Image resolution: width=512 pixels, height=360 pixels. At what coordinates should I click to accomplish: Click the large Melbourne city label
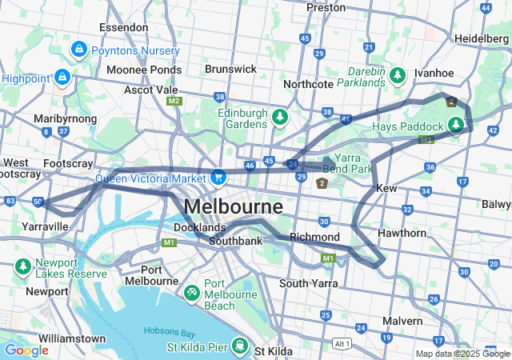tap(233, 206)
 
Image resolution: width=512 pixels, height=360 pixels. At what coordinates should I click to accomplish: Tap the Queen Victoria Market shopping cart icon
tap(217, 176)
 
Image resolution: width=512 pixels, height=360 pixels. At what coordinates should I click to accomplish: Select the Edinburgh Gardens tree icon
tap(279, 118)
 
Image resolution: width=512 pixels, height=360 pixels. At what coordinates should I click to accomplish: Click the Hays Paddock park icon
tap(456, 126)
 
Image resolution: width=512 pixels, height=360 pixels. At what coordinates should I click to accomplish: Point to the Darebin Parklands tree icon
tap(398, 75)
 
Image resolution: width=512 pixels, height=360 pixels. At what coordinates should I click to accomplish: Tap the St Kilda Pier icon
tap(239, 346)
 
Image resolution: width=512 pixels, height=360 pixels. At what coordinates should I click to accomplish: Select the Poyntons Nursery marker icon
tap(79, 50)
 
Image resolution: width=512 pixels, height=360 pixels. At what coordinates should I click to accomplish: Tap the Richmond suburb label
tap(315, 238)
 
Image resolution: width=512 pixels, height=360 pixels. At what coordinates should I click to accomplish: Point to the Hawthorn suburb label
tap(402, 233)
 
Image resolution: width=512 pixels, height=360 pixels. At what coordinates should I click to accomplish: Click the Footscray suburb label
tap(63, 163)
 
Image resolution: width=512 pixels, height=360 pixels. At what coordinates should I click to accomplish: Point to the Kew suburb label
tap(386, 187)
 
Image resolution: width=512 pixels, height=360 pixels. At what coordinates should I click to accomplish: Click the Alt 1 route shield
tap(342, 342)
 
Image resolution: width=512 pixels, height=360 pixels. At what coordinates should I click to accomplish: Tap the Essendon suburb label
tap(123, 27)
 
